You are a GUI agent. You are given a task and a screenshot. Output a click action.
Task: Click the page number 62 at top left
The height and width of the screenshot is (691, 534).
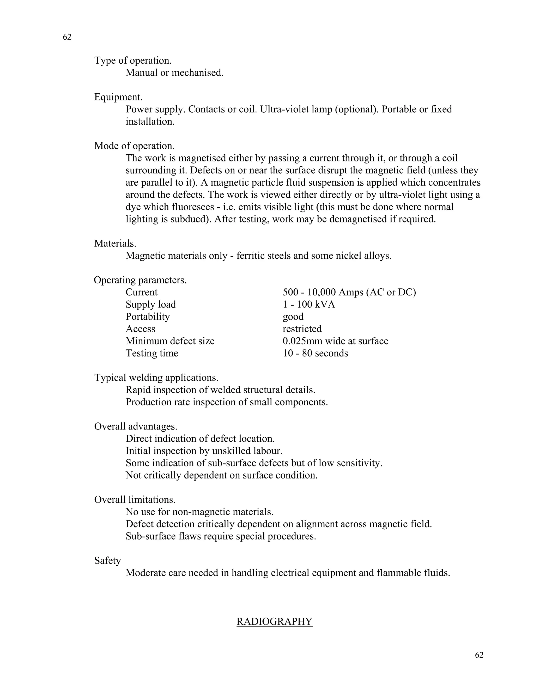pyautogui.click(x=67, y=37)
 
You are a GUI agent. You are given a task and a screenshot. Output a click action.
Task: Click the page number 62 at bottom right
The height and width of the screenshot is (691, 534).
pyautogui.click(x=479, y=655)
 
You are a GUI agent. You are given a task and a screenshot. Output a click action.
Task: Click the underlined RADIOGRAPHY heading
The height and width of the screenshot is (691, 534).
pyautogui.click(x=274, y=621)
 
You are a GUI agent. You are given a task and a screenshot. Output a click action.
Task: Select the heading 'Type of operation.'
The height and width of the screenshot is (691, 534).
pyautogui.click(x=133, y=60)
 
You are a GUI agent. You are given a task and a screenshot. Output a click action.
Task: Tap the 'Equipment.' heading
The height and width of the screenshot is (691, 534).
pyautogui.click(x=118, y=97)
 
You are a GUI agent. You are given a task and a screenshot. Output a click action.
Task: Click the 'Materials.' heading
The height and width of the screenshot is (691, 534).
pyautogui.click(x=115, y=243)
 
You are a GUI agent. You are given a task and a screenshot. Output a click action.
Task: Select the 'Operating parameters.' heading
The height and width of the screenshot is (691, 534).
pyautogui.click(x=140, y=280)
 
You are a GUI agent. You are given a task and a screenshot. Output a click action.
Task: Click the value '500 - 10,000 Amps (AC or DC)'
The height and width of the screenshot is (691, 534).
pyautogui.click(x=349, y=292)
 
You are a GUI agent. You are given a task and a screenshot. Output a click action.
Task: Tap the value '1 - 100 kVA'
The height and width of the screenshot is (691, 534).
pyautogui.click(x=309, y=304)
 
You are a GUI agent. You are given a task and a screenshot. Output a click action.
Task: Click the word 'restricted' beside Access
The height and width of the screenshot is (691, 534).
pyautogui.click(x=302, y=329)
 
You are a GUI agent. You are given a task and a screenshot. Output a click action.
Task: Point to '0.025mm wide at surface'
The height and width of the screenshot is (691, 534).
pyautogui.click(x=335, y=341)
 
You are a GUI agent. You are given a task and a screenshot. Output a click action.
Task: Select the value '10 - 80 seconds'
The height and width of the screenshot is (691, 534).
pyautogui.click(x=315, y=353)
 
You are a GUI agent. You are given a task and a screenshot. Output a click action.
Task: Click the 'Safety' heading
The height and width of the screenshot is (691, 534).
pyautogui.click(x=108, y=561)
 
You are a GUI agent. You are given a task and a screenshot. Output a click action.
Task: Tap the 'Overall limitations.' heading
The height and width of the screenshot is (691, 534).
pyautogui.click(x=135, y=500)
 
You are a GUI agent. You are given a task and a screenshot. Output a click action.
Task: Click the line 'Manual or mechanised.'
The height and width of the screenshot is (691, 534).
pyautogui.click(x=175, y=73)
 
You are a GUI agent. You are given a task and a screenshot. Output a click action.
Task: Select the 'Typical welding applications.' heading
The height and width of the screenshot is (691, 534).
pyautogui.click(x=156, y=378)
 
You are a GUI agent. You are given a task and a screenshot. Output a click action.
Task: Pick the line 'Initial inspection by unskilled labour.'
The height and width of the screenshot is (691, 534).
pyautogui.click(x=204, y=451)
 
